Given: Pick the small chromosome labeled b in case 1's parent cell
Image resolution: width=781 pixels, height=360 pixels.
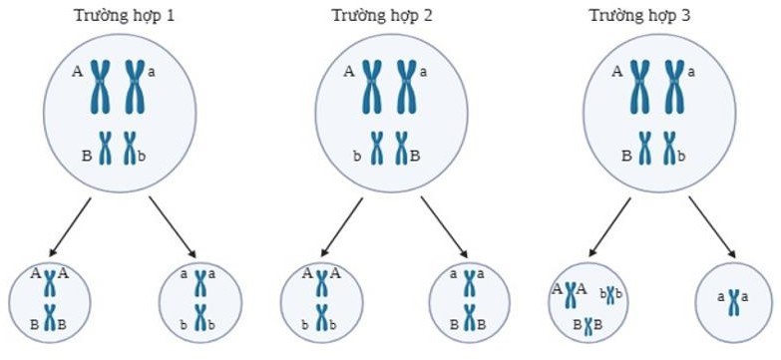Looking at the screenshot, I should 129,149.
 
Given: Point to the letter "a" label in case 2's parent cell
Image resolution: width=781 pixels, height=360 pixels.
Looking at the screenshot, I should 424,71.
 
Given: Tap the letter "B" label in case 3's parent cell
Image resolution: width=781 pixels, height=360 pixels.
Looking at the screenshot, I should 626,155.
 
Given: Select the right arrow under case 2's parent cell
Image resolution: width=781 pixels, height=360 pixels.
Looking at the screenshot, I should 444,225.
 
